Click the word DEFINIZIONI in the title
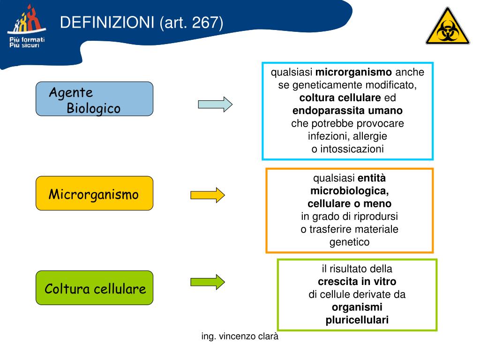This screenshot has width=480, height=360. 108,22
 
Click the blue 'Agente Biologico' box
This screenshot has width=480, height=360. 94,99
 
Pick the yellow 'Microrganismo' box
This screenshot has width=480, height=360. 94,193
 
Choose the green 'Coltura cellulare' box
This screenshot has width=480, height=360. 95,288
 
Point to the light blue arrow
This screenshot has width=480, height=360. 215,104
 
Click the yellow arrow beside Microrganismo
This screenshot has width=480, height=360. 207,195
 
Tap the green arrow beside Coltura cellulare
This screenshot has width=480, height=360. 207,282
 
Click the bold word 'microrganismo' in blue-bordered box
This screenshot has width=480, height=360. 354,73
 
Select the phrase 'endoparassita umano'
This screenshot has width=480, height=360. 347,111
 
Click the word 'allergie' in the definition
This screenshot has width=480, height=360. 370,136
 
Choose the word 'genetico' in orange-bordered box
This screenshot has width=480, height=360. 350,242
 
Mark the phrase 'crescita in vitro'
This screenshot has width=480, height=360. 357,282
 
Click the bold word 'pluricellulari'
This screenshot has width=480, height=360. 357,320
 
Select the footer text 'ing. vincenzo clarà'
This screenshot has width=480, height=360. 240,336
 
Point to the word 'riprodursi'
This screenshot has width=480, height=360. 375,217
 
